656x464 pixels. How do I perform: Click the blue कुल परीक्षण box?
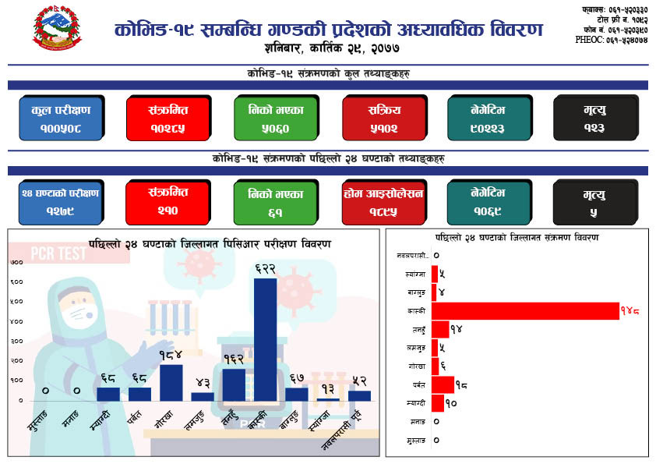pyautogui.click(x=61, y=118)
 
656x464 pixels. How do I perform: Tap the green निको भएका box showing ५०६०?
pyautogui.click(x=275, y=118)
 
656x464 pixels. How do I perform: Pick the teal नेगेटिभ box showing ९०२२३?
pyautogui.click(x=488, y=118)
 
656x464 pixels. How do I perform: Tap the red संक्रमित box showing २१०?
pyautogui.click(x=168, y=200)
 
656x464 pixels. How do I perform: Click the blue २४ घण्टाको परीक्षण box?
pyautogui.click(x=61, y=201)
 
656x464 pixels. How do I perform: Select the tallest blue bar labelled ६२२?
pyautogui.click(x=265, y=339)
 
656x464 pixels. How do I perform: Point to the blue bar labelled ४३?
pyautogui.click(x=203, y=396)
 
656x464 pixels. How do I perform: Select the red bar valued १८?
pyautogui.click(x=443, y=384)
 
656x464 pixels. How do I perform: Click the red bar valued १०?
pyautogui.click(x=438, y=403)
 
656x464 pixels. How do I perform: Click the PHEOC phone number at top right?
pyautogui.click(x=611, y=39)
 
